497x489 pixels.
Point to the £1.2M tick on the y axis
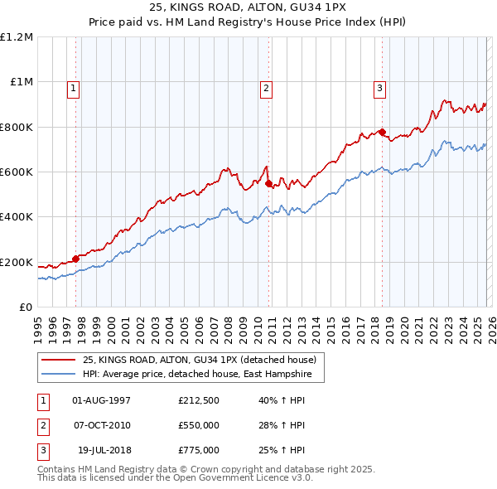17,37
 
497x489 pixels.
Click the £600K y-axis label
17,172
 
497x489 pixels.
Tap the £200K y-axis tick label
17,263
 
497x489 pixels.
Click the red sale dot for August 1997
75,259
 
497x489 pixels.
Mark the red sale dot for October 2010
268,183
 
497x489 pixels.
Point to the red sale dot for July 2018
382,132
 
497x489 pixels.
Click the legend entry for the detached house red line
199,360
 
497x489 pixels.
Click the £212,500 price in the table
199,400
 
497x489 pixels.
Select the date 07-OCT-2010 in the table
102,425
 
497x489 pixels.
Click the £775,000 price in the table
199,450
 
